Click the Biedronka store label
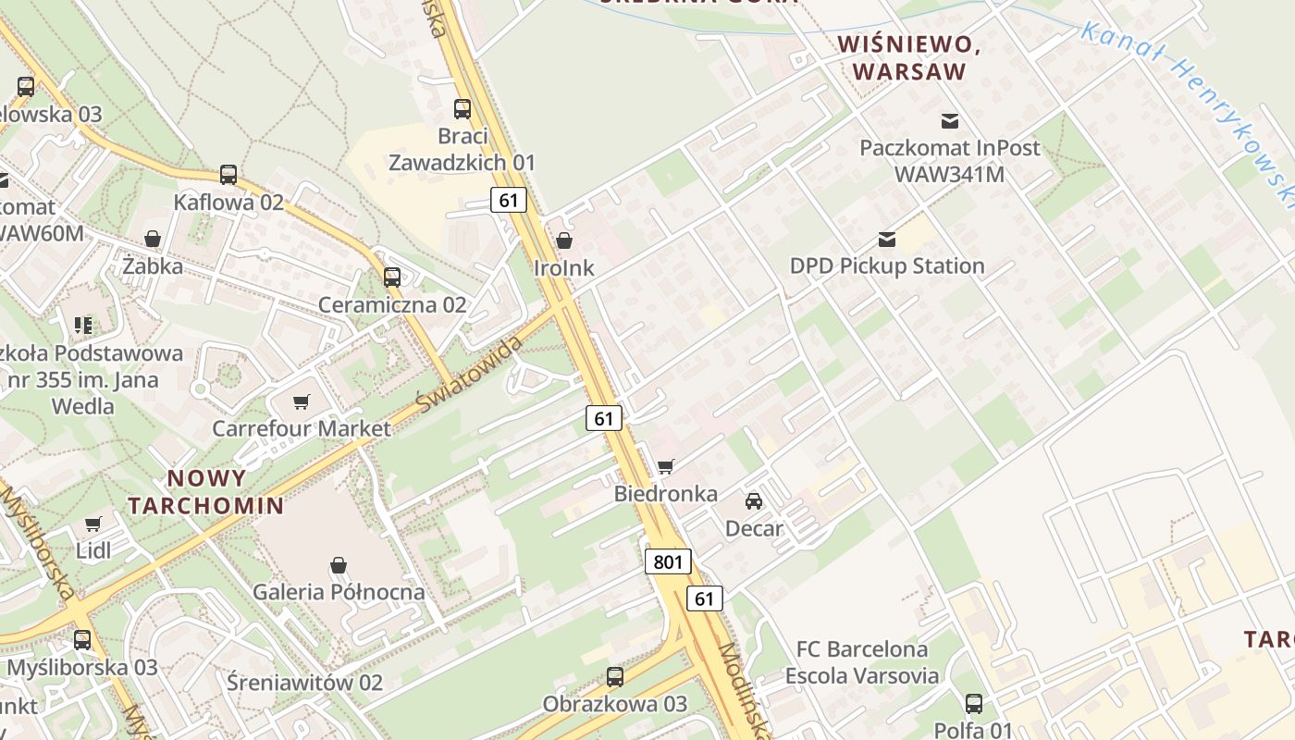tap(665, 494)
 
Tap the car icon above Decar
tap(754, 501)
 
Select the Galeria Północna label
tap(339, 592)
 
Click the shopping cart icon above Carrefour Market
tap(301, 401)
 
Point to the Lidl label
tap(93, 551)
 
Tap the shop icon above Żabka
tap(153, 240)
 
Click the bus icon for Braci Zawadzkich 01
tap(462, 109)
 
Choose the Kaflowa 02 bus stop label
tap(228, 202)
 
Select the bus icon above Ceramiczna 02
tap(392, 277)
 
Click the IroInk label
tap(564, 268)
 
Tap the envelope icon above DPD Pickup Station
tap(887, 240)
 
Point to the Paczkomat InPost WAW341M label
tap(949, 160)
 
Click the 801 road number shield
tap(668, 561)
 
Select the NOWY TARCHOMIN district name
tap(205, 492)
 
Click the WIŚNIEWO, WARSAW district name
tap(908, 57)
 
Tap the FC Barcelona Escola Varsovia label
tap(862, 662)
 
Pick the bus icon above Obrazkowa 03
tap(615, 677)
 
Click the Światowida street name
tap(470, 375)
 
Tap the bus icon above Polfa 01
tap(974, 704)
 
